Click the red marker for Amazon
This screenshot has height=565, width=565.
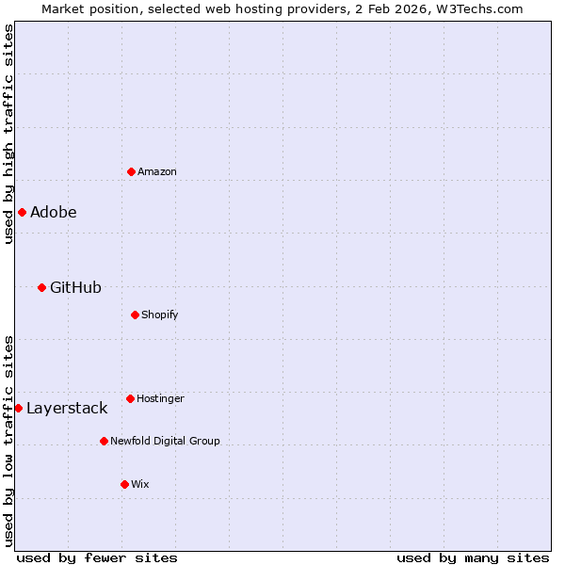click(x=131, y=171)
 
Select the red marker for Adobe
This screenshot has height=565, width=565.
click(x=22, y=212)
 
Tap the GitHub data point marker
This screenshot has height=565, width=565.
click(x=41, y=287)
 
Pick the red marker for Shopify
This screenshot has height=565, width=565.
click(x=135, y=315)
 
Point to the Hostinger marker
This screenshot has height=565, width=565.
click(x=130, y=398)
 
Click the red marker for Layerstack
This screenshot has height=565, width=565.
click(x=18, y=408)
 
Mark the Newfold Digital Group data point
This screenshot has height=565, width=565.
click(x=104, y=441)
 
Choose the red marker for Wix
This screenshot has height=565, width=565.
click(x=124, y=484)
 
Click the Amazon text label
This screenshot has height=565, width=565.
click(x=157, y=171)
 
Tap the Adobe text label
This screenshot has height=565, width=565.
click(x=54, y=212)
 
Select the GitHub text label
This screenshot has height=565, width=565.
click(x=75, y=287)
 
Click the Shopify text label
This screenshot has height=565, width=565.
click(x=160, y=315)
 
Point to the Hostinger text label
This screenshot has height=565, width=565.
click(x=160, y=398)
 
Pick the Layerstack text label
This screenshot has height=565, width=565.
click(x=67, y=408)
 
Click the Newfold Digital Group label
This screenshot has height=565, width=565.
click(x=165, y=441)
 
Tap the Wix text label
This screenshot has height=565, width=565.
click(x=140, y=484)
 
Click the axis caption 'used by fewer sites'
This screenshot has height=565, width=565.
click(x=97, y=557)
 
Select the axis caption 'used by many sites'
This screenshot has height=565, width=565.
click(x=473, y=557)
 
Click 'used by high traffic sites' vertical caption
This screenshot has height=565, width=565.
click(x=8, y=134)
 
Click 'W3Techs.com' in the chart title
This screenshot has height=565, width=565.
click(x=483, y=8)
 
